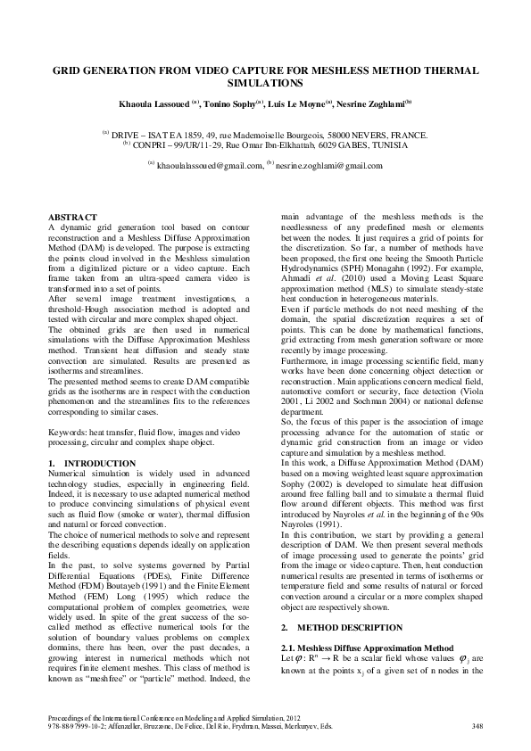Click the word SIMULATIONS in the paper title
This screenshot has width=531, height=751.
(265, 82)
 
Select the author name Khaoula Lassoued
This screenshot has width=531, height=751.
(155, 104)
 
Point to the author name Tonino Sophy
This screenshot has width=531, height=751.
(231, 104)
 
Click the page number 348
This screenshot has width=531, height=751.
(477, 726)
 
